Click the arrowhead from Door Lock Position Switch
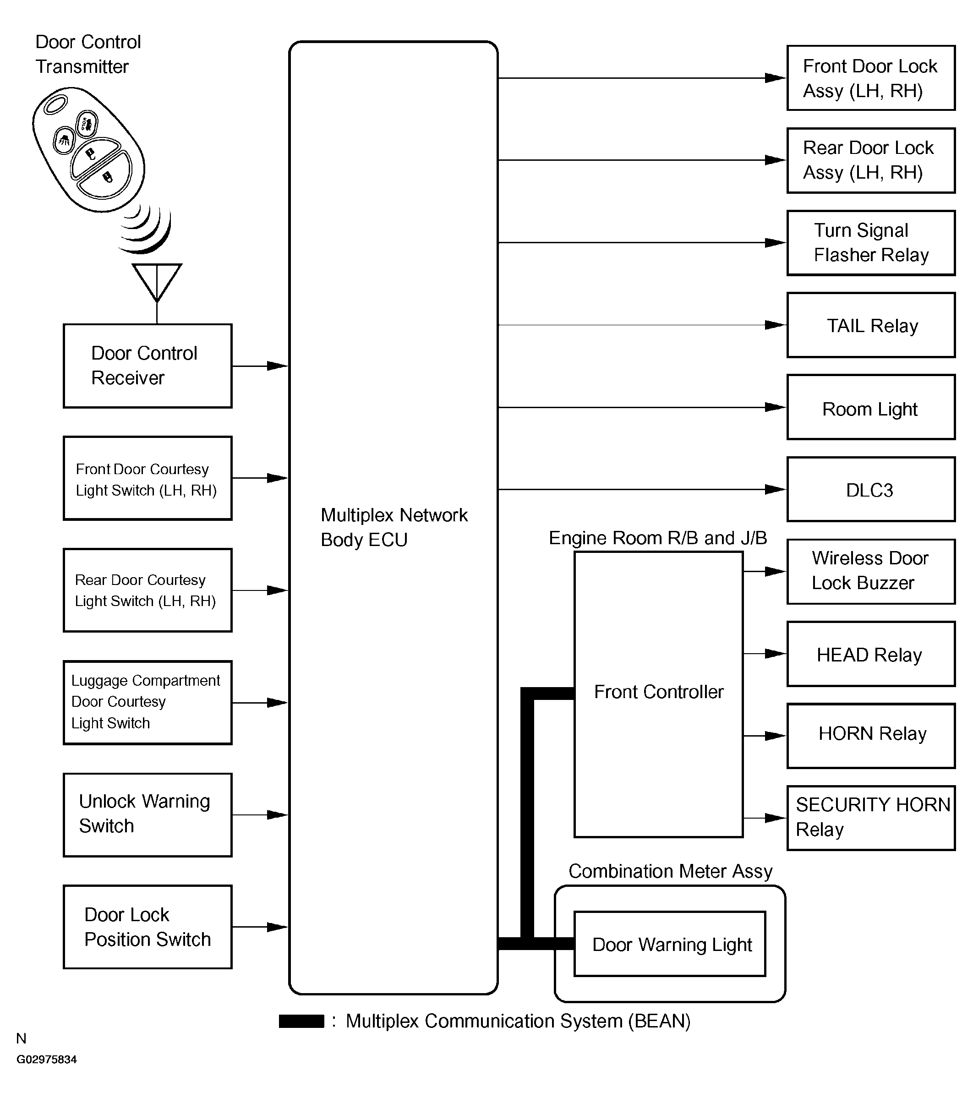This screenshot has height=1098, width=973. pos(277,927)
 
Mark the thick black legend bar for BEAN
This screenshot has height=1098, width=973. pos(301,1021)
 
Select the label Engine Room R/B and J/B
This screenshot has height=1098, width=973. pos(658,538)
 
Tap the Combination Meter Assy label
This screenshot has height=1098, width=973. pos(671,871)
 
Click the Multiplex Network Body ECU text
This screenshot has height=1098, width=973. pos(394,527)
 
